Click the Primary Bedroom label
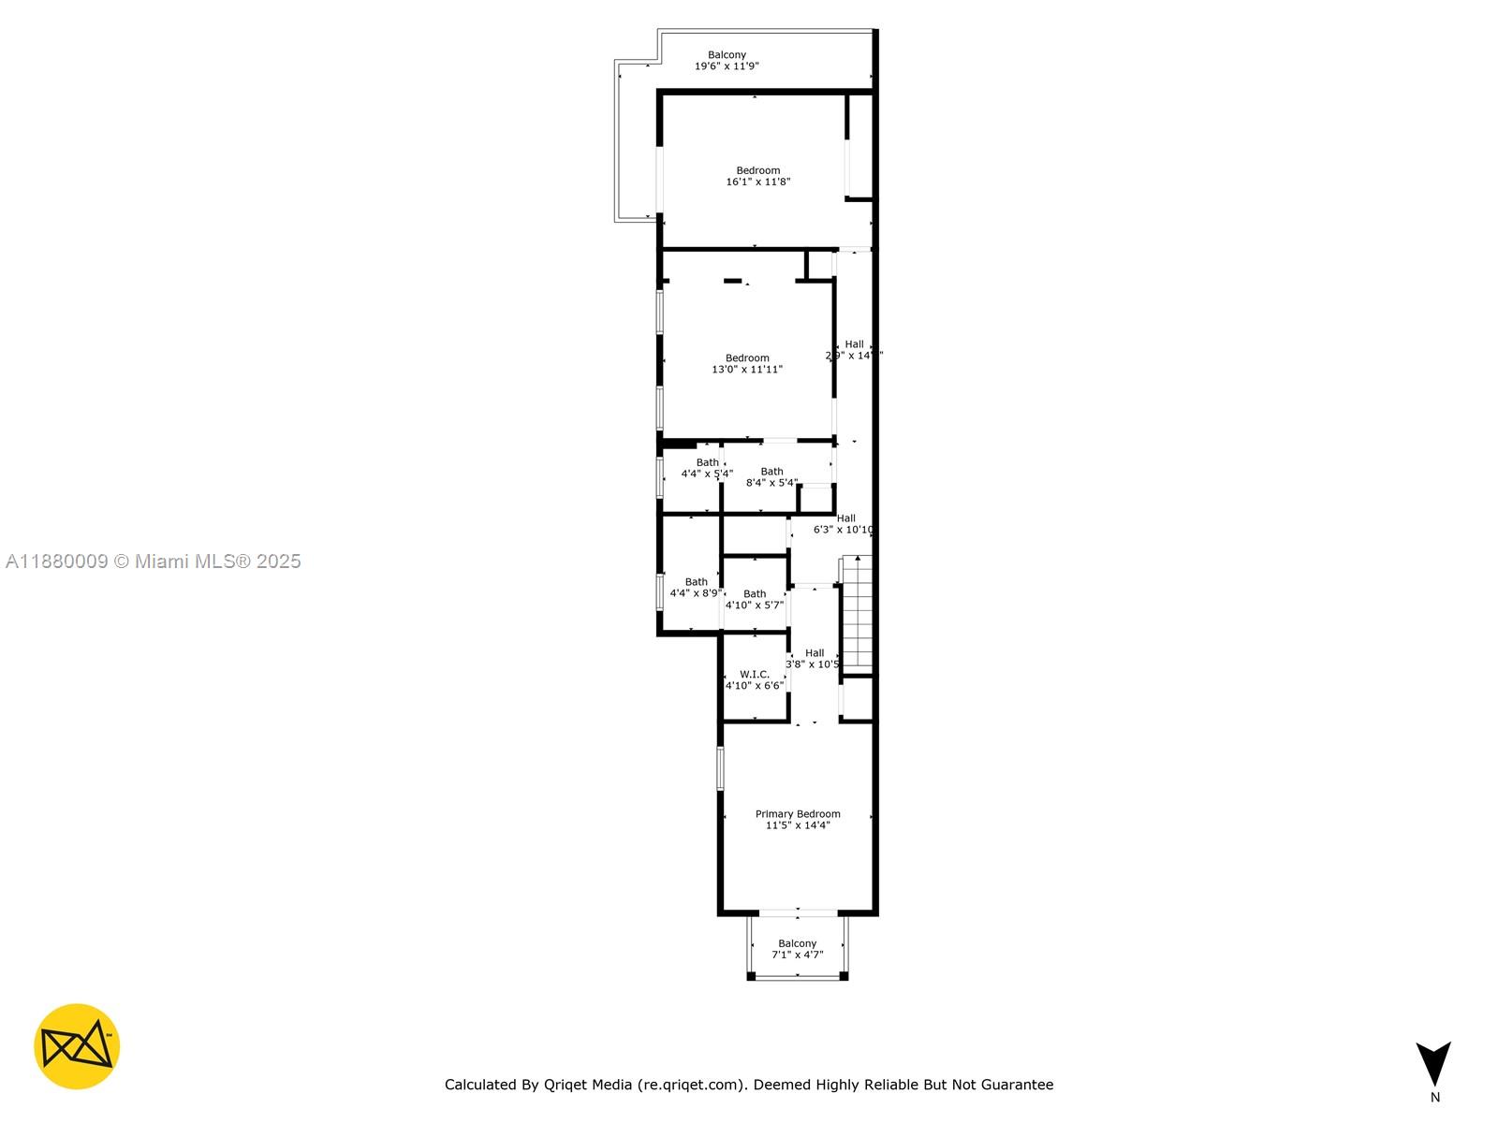pyautogui.click(x=798, y=814)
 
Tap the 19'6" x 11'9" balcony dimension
pyautogui.click(x=727, y=66)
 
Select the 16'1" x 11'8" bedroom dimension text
pyautogui.click(x=758, y=182)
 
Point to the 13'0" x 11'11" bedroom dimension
pyautogui.click(x=747, y=370)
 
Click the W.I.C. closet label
pyautogui.click(x=755, y=674)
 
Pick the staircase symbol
pyautogui.click(x=857, y=613)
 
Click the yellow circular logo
pyautogui.click(x=77, y=1046)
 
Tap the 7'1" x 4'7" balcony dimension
pyautogui.click(x=798, y=955)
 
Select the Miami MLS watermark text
pyautogui.click(x=154, y=561)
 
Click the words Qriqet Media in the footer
pyautogui.click(x=588, y=1085)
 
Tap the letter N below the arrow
pyautogui.click(x=1434, y=1098)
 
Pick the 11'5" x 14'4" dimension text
pyautogui.click(x=798, y=825)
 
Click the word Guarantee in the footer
pyautogui.click(x=1017, y=1085)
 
